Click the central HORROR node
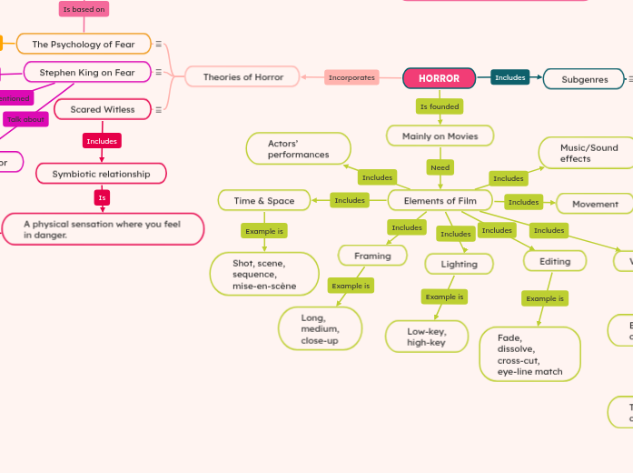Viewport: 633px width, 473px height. pos(439,78)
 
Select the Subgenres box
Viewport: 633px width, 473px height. pos(584,79)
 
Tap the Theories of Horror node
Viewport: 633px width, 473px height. pos(242,77)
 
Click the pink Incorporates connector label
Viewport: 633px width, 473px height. pos(351,78)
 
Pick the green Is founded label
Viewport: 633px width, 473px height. pos(439,106)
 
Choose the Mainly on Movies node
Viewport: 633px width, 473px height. pos(440,136)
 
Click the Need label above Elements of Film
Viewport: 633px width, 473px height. pos(440,167)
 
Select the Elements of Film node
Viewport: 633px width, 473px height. pos(440,200)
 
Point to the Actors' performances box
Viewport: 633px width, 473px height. pos(298,149)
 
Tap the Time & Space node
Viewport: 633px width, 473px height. pos(264,200)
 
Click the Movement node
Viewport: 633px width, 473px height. pos(595,204)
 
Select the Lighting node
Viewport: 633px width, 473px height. pos(459,264)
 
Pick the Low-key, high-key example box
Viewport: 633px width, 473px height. pos(426,337)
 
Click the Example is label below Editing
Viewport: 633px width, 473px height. pos(545,298)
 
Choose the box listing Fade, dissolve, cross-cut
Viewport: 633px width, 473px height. pos(529,354)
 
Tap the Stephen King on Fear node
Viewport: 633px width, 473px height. pos(86,72)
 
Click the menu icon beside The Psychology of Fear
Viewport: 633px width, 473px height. pos(159,44)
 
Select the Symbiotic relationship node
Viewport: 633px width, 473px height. pos(101,173)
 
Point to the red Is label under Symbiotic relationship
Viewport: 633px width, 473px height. pos(102,197)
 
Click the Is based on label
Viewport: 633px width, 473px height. pos(84,9)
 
